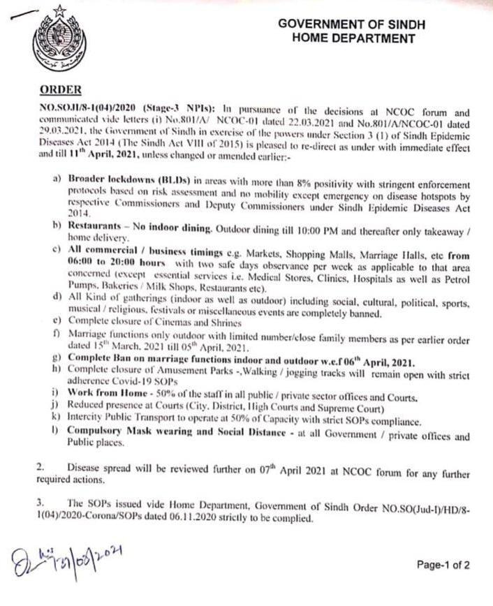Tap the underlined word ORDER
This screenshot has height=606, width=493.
tap(61, 89)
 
